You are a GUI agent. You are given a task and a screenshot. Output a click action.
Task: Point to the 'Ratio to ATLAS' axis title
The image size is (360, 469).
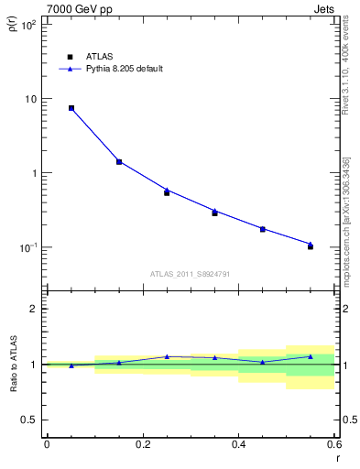[x=12, y=364]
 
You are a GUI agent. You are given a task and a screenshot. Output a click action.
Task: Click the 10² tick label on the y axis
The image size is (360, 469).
[x=27, y=25]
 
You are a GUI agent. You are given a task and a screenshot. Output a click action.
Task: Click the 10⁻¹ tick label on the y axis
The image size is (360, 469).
[x=27, y=247]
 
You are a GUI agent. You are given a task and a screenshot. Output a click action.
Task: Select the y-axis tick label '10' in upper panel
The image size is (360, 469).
[x=29, y=99]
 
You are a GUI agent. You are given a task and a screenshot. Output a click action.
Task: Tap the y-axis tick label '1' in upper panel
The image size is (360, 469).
[x=33, y=173]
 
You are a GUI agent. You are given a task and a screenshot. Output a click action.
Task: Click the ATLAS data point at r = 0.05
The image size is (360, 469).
[x=71, y=108]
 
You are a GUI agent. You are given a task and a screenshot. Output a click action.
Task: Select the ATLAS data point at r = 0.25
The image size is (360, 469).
[x=167, y=192]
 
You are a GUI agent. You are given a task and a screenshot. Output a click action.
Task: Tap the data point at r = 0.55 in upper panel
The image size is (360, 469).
[x=311, y=246]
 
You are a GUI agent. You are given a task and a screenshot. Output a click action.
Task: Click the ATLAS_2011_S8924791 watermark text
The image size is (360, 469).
[x=190, y=274]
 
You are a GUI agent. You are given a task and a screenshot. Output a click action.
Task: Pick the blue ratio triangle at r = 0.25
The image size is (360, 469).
[x=167, y=356]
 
